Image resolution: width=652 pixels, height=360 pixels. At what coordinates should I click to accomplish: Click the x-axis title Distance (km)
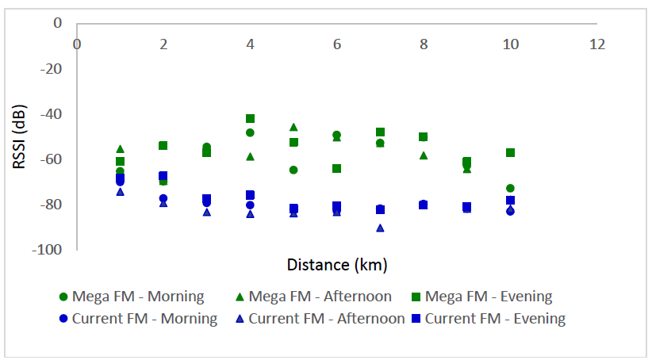click(x=336, y=264)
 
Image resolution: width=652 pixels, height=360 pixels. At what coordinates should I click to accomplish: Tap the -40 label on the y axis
click(x=52, y=114)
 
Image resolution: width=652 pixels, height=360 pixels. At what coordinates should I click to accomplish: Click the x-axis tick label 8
click(x=424, y=44)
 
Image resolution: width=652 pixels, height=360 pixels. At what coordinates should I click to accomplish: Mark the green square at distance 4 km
click(x=250, y=118)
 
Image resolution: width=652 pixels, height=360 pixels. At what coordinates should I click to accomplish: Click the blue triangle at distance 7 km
click(x=380, y=228)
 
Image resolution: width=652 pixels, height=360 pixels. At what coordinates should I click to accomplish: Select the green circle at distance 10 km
click(x=510, y=189)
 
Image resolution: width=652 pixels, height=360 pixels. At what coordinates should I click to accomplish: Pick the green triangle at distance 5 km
click(x=293, y=127)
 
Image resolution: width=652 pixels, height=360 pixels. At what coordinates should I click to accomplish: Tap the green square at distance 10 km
click(x=510, y=152)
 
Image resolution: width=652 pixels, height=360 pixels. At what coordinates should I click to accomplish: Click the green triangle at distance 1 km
click(x=120, y=148)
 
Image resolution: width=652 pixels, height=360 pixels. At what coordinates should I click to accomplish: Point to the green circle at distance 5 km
click(x=293, y=170)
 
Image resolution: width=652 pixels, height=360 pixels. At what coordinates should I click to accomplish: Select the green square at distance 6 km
click(x=336, y=168)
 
